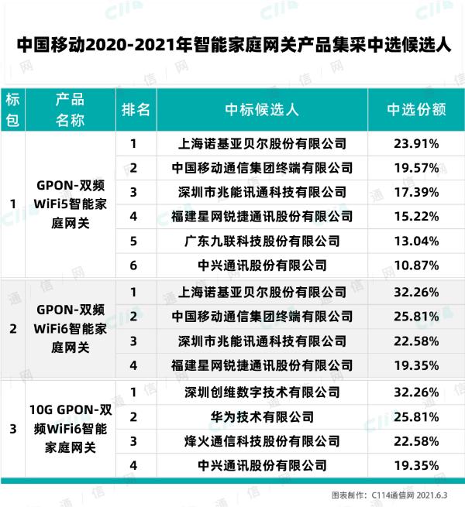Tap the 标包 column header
[x=12, y=109]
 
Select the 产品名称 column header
[x=70, y=109]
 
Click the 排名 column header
[x=136, y=109]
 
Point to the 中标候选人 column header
[x=262, y=109]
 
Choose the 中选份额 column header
[x=416, y=109]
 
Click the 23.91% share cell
[x=416, y=144]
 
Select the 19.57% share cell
[x=416, y=168]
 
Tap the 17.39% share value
[x=416, y=192]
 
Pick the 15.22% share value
[x=416, y=216]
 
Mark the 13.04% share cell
[x=416, y=241]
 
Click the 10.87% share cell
[x=416, y=265]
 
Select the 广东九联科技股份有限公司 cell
[x=262, y=241]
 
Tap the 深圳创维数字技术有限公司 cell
[x=262, y=392]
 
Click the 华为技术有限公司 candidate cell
[x=262, y=416]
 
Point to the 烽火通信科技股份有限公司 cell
[x=262, y=441]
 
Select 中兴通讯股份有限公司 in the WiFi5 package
[x=262, y=265]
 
